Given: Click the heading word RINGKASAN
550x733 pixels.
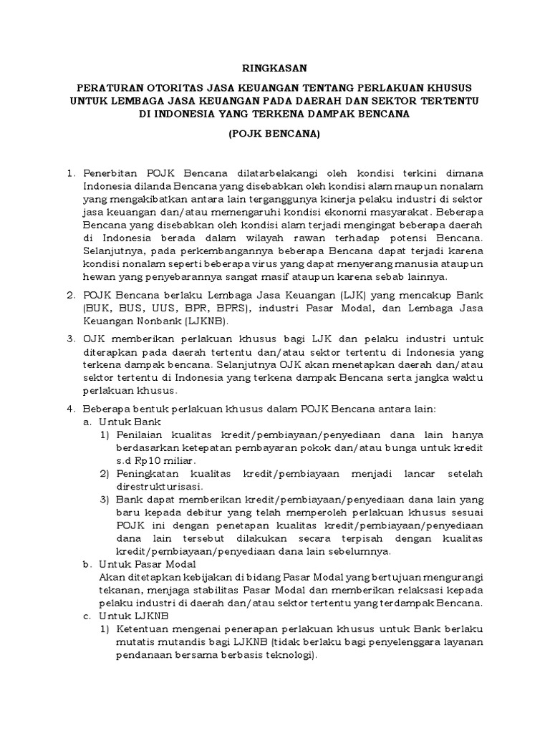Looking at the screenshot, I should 275,68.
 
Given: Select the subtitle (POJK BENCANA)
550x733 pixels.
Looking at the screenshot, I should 275,134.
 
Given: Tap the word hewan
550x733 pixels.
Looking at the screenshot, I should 98,276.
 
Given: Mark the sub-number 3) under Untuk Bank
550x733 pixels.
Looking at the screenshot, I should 105,499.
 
